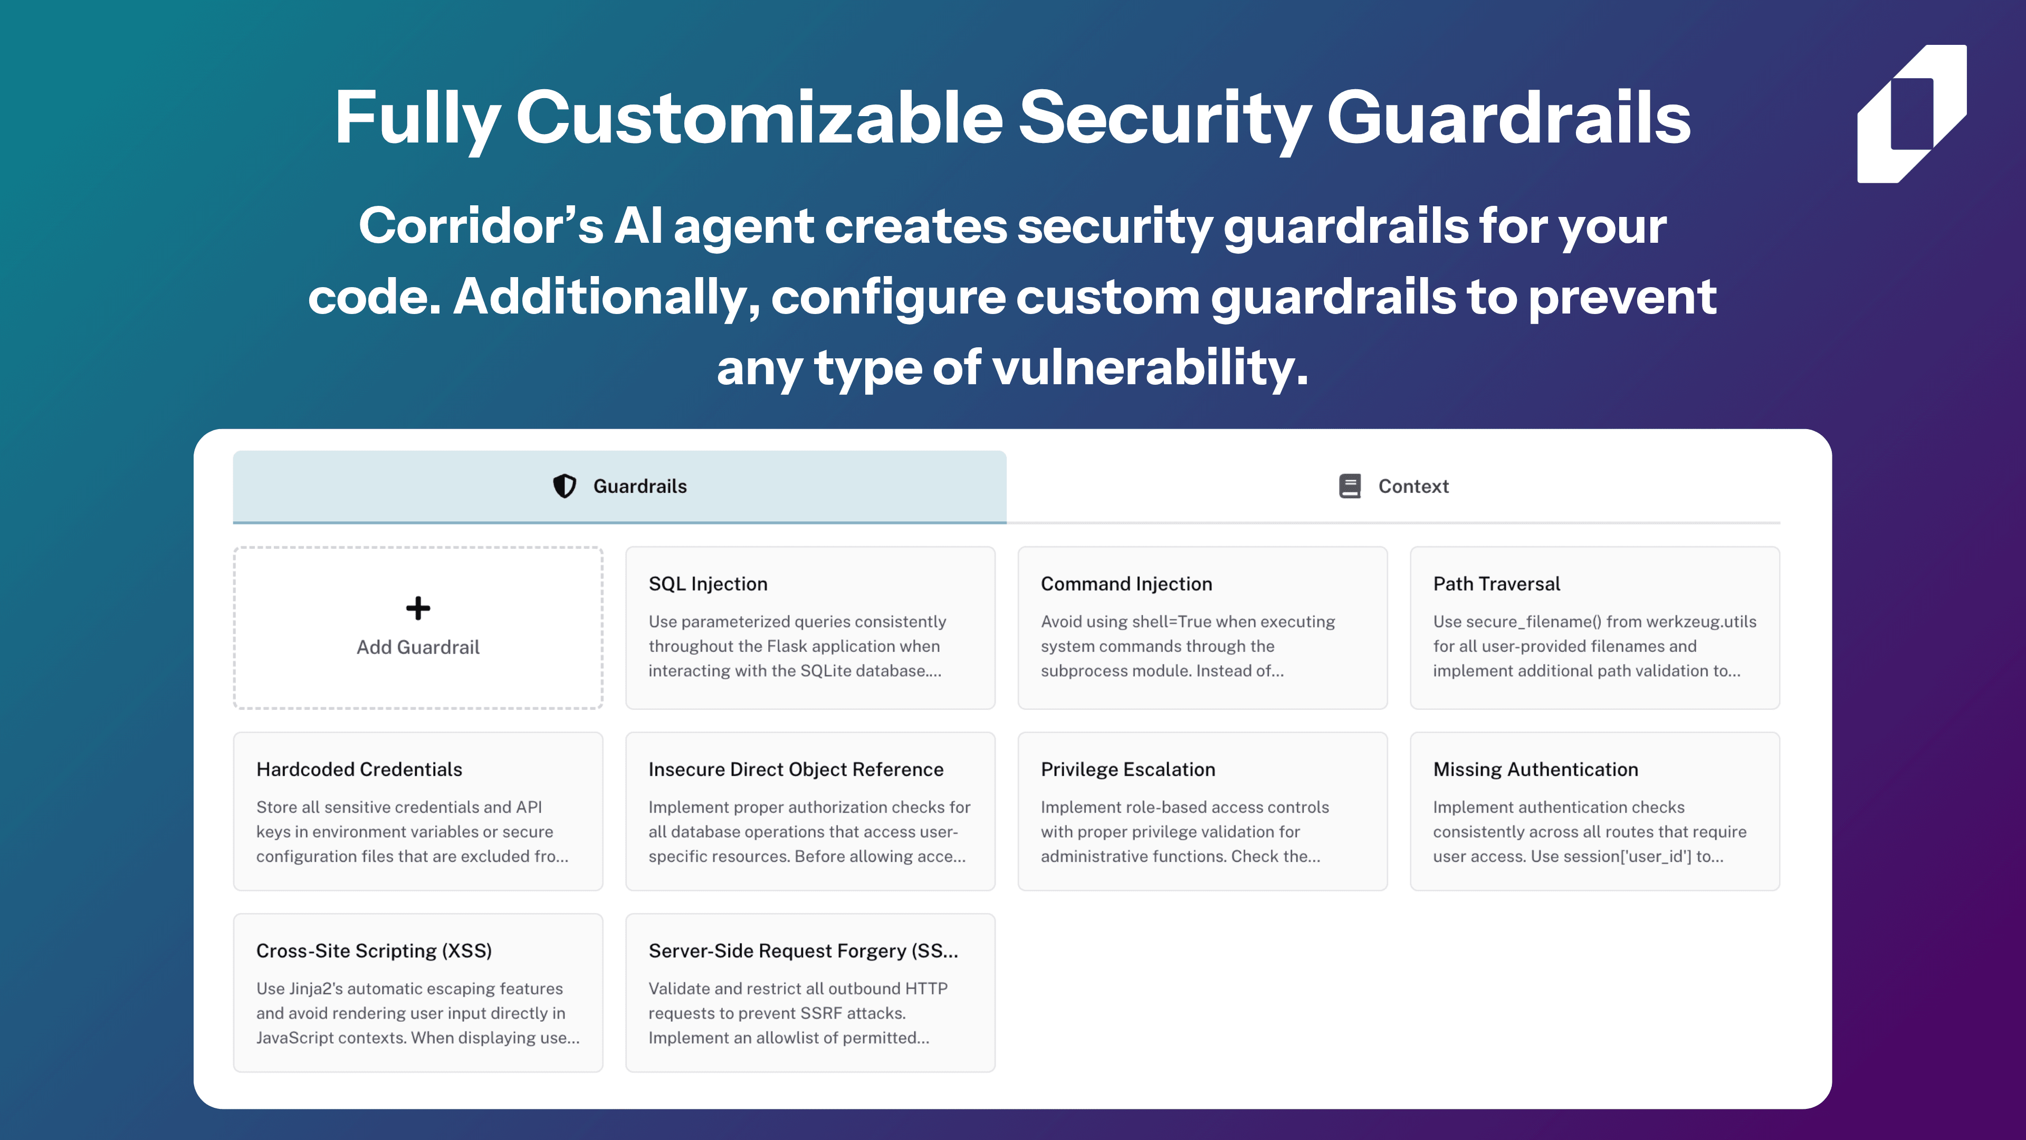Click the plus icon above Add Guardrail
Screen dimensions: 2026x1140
418,608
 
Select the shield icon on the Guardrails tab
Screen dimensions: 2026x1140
564,486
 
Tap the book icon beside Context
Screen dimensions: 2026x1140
1350,486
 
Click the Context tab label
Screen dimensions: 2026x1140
1413,486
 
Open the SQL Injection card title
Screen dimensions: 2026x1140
708,584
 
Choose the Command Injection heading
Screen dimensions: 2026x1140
1126,584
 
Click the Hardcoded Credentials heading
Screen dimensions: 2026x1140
359,769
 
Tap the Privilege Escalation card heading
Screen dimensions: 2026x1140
1128,769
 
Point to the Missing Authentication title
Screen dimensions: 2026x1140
1535,769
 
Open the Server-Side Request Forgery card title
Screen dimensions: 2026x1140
804,951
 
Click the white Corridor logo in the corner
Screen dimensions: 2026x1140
1912,114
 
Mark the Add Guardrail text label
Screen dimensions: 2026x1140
418,648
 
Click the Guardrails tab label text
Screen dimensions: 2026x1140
640,486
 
